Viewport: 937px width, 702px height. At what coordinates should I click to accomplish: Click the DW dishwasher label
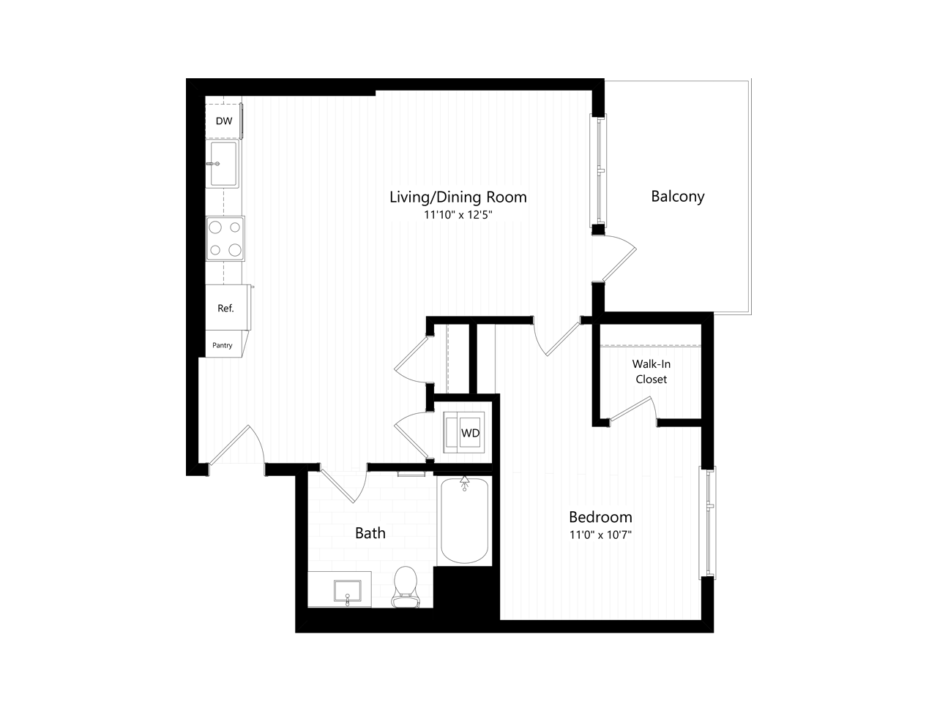pos(224,121)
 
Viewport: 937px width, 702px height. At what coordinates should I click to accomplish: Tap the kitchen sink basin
pos(224,164)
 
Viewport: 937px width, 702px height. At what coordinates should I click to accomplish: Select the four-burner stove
pos(225,238)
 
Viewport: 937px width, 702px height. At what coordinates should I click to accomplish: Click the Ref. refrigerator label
pos(225,309)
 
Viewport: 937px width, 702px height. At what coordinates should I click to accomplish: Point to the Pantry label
pos(223,345)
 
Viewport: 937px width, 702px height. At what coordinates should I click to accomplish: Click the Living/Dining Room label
pos(458,197)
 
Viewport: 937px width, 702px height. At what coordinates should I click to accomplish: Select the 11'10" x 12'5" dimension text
pos(458,216)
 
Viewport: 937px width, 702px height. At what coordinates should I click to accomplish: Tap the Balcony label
pos(677,196)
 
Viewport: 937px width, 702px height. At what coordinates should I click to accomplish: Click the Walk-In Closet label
pos(651,371)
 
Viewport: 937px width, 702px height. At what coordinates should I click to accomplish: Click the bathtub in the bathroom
pos(465,520)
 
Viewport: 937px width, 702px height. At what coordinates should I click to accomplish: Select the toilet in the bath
pos(405,587)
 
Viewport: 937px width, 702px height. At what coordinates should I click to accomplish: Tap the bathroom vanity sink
pos(348,589)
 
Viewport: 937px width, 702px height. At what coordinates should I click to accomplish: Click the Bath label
pos(370,533)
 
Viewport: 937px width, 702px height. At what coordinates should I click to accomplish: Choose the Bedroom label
pos(600,516)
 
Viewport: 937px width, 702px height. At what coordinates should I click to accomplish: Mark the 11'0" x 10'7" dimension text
pos(600,535)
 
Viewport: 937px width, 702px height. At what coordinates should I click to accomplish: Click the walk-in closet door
pos(631,409)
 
